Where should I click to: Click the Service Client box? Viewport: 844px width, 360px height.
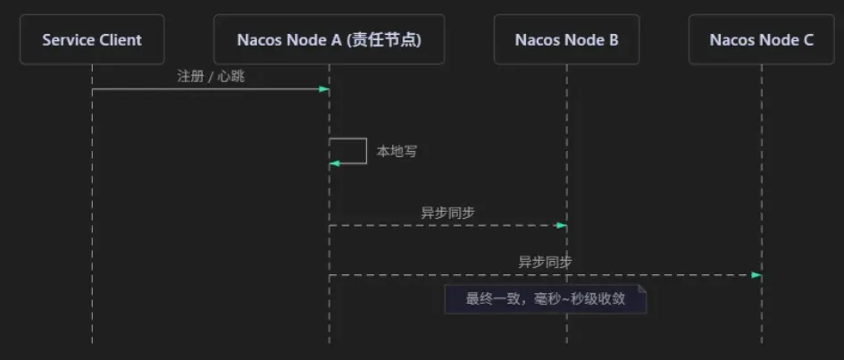[x=92, y=40]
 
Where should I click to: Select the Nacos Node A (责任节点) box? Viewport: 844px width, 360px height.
[x=329, y=40]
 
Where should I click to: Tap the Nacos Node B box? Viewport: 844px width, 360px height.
[x=566, y=40]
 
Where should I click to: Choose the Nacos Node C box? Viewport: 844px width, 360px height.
[x=761, y=40]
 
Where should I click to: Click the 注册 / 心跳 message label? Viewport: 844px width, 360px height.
[x=211, y=77]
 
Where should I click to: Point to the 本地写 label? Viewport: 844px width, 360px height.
[x=397, y=152]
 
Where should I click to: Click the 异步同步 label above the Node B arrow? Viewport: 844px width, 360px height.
[x=447, y=213]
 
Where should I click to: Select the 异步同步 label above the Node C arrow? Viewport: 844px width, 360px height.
[x=545, y=263]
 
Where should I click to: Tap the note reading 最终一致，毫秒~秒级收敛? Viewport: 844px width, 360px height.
[x=546, y=299]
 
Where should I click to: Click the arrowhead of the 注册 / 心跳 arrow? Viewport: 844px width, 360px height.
[x=324, y=89]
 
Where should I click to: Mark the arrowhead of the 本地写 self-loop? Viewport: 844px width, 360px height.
[x=334, y=163]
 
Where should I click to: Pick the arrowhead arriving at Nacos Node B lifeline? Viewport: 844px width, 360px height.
[x=562, y=225]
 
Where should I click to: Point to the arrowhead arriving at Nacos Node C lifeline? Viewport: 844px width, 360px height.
[x=756, y=275]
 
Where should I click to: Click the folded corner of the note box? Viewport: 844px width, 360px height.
[x=641, y=289]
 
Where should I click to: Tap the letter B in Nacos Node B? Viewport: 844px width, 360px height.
[x=614, y=40]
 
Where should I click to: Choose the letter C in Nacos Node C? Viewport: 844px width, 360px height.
[x=808, y=40]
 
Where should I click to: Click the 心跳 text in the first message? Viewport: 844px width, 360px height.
[x=231, y=77]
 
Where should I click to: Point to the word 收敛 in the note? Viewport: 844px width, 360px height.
[x=612, y=299]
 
